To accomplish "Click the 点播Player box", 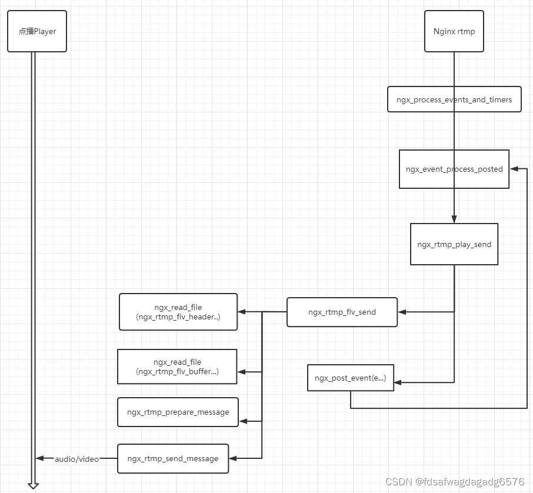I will [x=37, y=31].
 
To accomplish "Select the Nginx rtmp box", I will [x=454, y=31].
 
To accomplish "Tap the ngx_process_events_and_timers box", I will [x=454, y=99].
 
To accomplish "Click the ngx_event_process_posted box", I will [x=454, y=169].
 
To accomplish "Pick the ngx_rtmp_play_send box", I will [x=454, y=244].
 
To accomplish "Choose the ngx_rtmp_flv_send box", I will [x=342, y=312].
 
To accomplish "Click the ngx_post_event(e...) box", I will [x=351, y=378].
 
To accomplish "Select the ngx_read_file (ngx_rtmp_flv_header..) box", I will [x=178, y=312].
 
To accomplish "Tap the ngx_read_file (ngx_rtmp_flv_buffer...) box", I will [x=177, y=367].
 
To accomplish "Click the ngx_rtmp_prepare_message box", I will [x=178, y=412].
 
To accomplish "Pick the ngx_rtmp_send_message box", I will [x=173, y=458].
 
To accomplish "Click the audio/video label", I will [x=77, y=458].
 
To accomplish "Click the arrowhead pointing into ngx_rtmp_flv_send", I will [x=402, y=312].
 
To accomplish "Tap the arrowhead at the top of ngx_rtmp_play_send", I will [x=454, y=219].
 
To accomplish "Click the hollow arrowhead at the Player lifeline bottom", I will [x=33, y=485].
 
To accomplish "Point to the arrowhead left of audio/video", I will [x=39, y=458].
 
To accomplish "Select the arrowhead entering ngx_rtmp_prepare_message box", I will [x=242, y=421].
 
